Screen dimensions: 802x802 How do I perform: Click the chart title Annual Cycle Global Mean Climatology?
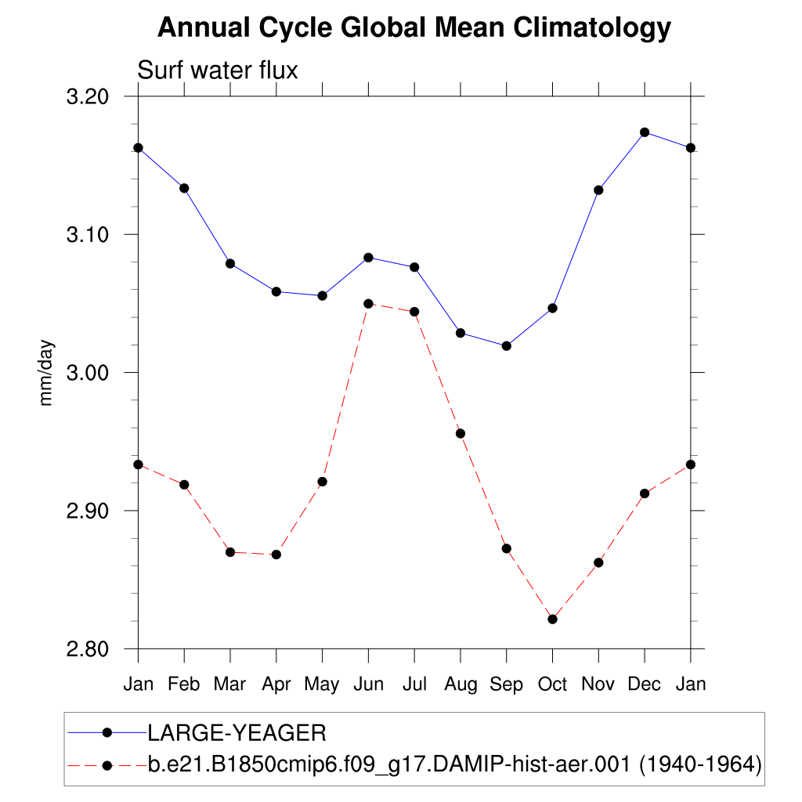coord(414,28)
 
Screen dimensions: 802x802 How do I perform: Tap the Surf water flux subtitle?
coord(218,70)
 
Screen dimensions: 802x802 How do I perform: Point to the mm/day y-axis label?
coord(47,373)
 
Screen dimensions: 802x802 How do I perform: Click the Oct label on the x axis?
coord(552,685)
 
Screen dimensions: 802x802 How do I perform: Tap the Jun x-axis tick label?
coord(368,685)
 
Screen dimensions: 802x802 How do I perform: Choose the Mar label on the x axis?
coord(230,685)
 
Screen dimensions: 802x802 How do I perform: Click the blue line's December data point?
coord(645,132)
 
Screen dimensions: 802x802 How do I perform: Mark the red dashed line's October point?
coord(552,620)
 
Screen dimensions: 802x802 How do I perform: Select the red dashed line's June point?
coord(368,303)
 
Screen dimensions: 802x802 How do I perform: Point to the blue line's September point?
coord(506,345)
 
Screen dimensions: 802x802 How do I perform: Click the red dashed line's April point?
coord(276,555)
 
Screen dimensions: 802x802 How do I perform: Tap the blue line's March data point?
coord(230,264)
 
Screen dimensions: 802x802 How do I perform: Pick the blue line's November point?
coord(598,190)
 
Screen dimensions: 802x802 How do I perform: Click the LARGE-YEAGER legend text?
coord(237,733)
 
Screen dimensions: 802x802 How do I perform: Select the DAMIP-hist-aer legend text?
coord(454,764)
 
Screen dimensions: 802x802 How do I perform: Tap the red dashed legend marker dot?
coord(108,764)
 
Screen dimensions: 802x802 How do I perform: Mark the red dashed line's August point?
coord(461,434)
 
